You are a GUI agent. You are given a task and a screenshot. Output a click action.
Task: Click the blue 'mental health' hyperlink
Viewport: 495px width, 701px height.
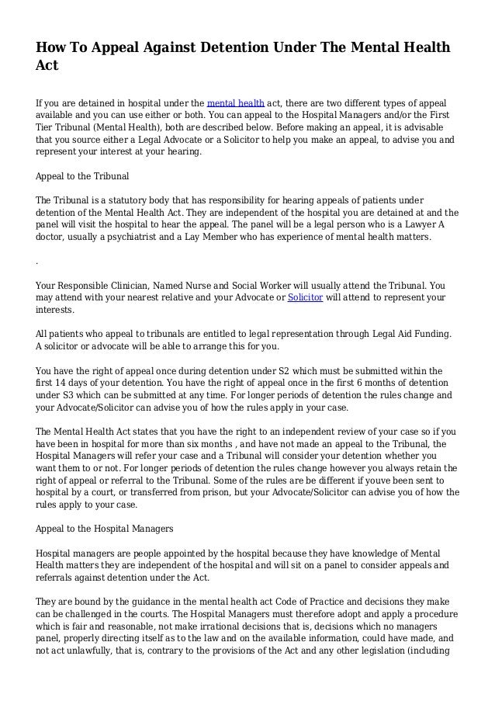click(x=235, y=103)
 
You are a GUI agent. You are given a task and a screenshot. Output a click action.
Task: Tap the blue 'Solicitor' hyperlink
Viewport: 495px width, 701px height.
click(x=305, y=297)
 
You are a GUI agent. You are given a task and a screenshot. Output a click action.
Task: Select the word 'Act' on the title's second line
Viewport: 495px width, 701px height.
click(x=48, y=67)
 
